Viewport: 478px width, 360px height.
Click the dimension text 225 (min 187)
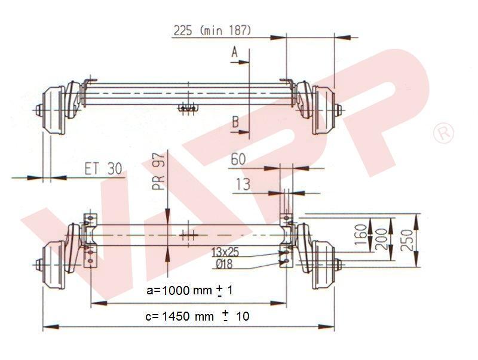click(x=212, y=30)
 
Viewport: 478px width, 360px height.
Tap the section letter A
click(x=235, y=53)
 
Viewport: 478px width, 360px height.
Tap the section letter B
click(x=235, y=122)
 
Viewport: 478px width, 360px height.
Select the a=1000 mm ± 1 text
click(x=189, y=291)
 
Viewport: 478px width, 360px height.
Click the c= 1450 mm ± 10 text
click(x=197, y=316)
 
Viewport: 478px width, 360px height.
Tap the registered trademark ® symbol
click(x=443, y=133)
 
